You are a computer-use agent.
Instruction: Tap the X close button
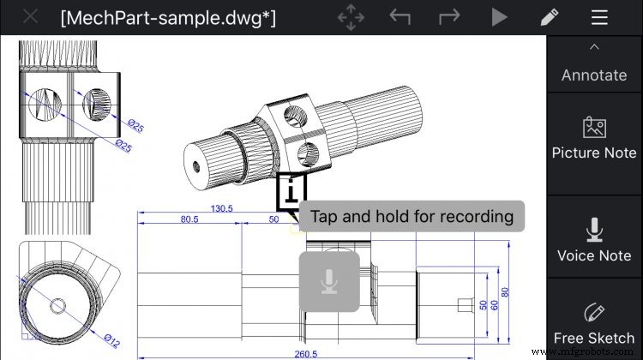tap(30, 17)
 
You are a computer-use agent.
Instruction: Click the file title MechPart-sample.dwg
tap(168, 17)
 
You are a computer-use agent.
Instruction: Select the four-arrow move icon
tap(352, 17)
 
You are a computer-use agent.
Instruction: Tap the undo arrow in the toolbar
tap(400, 17)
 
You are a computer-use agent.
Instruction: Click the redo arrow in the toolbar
tap(450, 17)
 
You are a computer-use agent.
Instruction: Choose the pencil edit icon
tap(550, 17)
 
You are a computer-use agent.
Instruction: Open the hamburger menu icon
tap(600, 17)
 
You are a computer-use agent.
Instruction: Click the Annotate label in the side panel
tap(594, 75)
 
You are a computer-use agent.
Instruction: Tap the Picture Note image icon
tap(594, 128)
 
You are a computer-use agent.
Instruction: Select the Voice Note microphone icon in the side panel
tap(594, 229)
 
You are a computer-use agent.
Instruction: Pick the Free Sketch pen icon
tap(594, 312)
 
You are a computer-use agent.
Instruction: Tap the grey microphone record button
tap(328, 281)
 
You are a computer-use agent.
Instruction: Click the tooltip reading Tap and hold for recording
tap(412, 216)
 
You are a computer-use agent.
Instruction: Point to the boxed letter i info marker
tap(291, 190)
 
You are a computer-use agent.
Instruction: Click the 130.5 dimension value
tap(222, 208)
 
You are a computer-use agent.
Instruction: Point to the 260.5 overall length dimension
tap(305, 354)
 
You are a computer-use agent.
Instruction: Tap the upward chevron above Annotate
tap(594, 47)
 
